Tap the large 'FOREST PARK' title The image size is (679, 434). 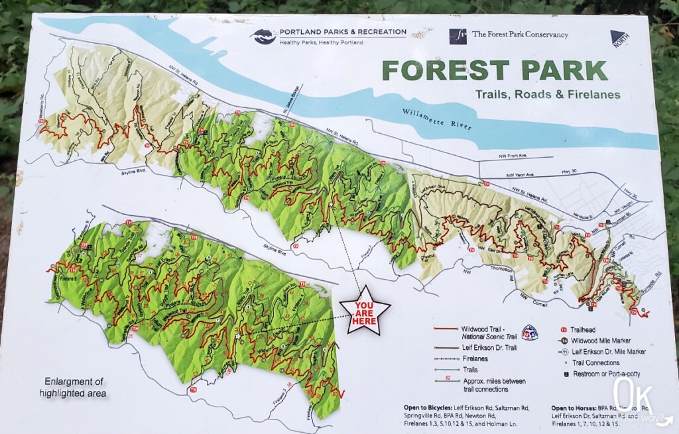tap(494, 71)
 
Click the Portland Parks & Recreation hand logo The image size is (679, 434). tap(263, 36)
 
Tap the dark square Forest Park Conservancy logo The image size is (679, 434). tap(457, 36)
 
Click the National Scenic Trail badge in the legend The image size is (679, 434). tap(529, 331)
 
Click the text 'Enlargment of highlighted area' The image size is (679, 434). tap(75, 388)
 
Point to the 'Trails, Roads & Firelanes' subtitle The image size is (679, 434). tap(547, 95)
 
